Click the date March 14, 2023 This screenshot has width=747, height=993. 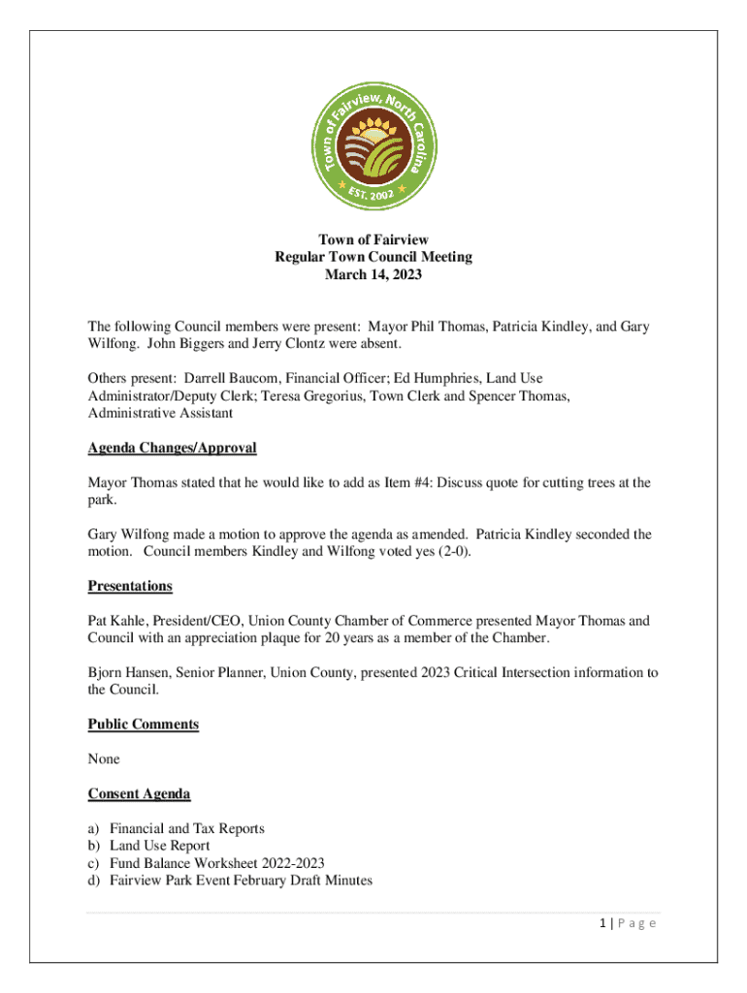[x=373, y=274]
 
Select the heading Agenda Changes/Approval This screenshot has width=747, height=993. [x=172, y=448]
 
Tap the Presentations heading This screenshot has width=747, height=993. [x=130, y=586]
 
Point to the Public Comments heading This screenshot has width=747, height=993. [x=143, y=724]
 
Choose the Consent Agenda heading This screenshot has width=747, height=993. [x=139, y=794]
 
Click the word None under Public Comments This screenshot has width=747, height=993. [x=104, y=759]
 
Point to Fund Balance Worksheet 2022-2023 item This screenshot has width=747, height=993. [x=216, y=863]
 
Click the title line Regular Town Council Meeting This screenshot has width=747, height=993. [x=373, y=257]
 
